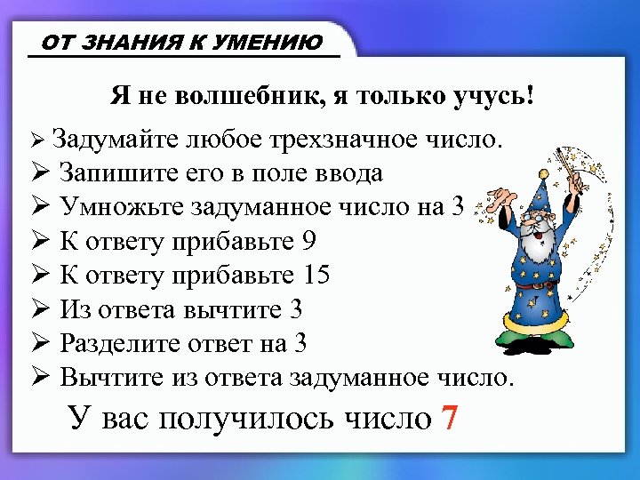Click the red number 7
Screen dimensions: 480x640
pyautogui.click(x=451, y=416)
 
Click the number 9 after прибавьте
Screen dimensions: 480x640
pyautogui.click(x=309, y=241)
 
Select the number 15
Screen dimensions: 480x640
pyautogui.click(x=316, y=275)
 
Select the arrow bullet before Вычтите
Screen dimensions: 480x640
pyautogui.click(x=38, y=377)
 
